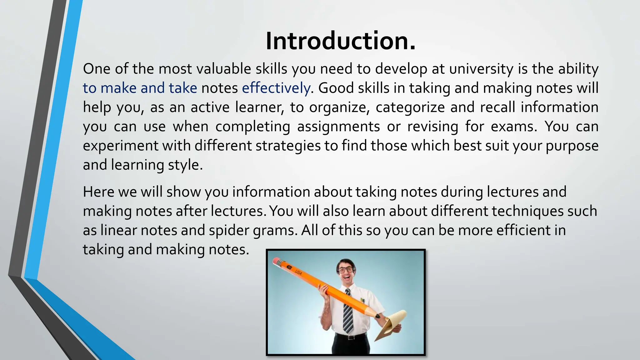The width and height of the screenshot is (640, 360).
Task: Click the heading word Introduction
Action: pyautogui.click(x=340, y=41)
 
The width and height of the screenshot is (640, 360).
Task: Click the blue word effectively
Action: pyautogui.click(x=276, y=88)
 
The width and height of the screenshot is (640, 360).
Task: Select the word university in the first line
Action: pyautogui.click(x=481, y=69)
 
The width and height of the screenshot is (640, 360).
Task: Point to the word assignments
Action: pyautogui.click(x=338, y=127)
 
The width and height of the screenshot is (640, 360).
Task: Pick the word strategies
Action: pyautogui.click(x=288, y=146)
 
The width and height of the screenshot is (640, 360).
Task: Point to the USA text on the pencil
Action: pyautogui.click(x=298, y=272)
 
